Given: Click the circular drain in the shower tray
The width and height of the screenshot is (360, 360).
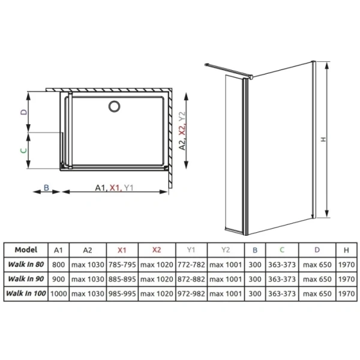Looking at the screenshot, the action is [x=114, y=107].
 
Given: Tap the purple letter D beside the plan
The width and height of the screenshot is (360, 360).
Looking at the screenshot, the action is [x=24, y=112].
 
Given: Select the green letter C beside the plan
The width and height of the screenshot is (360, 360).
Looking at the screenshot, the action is [x=23, y=151].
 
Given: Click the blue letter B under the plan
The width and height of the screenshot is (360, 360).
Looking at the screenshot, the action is [x=46, y=188].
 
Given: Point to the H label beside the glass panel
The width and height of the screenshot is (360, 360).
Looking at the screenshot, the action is [x=323, y=139].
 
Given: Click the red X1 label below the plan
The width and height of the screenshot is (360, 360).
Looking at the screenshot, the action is [x=115, y=188].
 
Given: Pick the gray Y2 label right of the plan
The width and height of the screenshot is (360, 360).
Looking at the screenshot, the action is [x=182, y=116].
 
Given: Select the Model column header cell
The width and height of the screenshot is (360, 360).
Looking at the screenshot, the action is [x=26, y=250].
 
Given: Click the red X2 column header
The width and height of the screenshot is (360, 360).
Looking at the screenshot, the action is [x=157, y=250].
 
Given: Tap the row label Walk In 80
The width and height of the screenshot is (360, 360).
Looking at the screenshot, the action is [x=26, y=265].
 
